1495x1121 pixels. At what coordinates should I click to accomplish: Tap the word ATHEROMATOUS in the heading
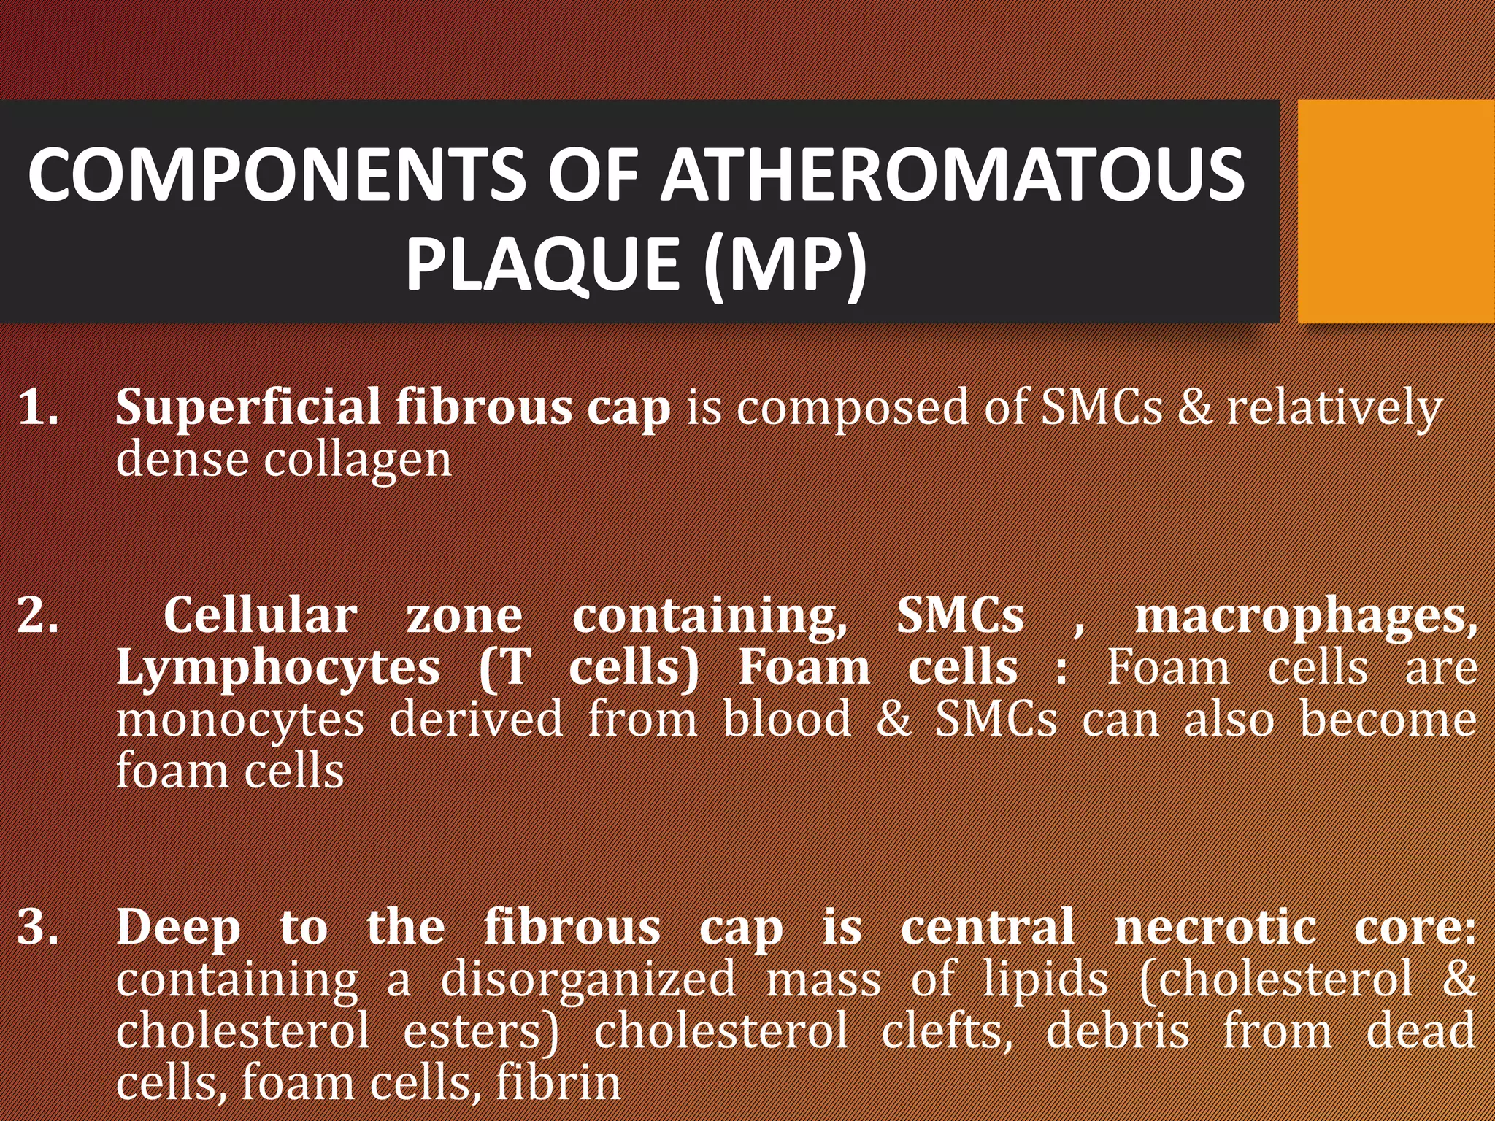coord(953,175)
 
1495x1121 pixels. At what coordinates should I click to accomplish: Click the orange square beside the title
coord(1396,212)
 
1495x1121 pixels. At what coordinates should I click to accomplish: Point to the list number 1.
coord(38,407)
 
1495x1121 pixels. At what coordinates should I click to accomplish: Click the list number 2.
coord(38,615)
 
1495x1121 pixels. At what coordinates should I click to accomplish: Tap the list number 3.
coord(38,927)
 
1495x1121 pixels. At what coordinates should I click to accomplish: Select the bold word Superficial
coord(248,407)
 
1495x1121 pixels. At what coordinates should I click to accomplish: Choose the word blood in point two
coord(787,719)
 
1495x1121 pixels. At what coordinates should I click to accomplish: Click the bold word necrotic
coord(1215,928)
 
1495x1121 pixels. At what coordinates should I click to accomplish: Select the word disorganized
coord(588,980)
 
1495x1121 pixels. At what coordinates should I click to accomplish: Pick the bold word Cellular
coord(260,615)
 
